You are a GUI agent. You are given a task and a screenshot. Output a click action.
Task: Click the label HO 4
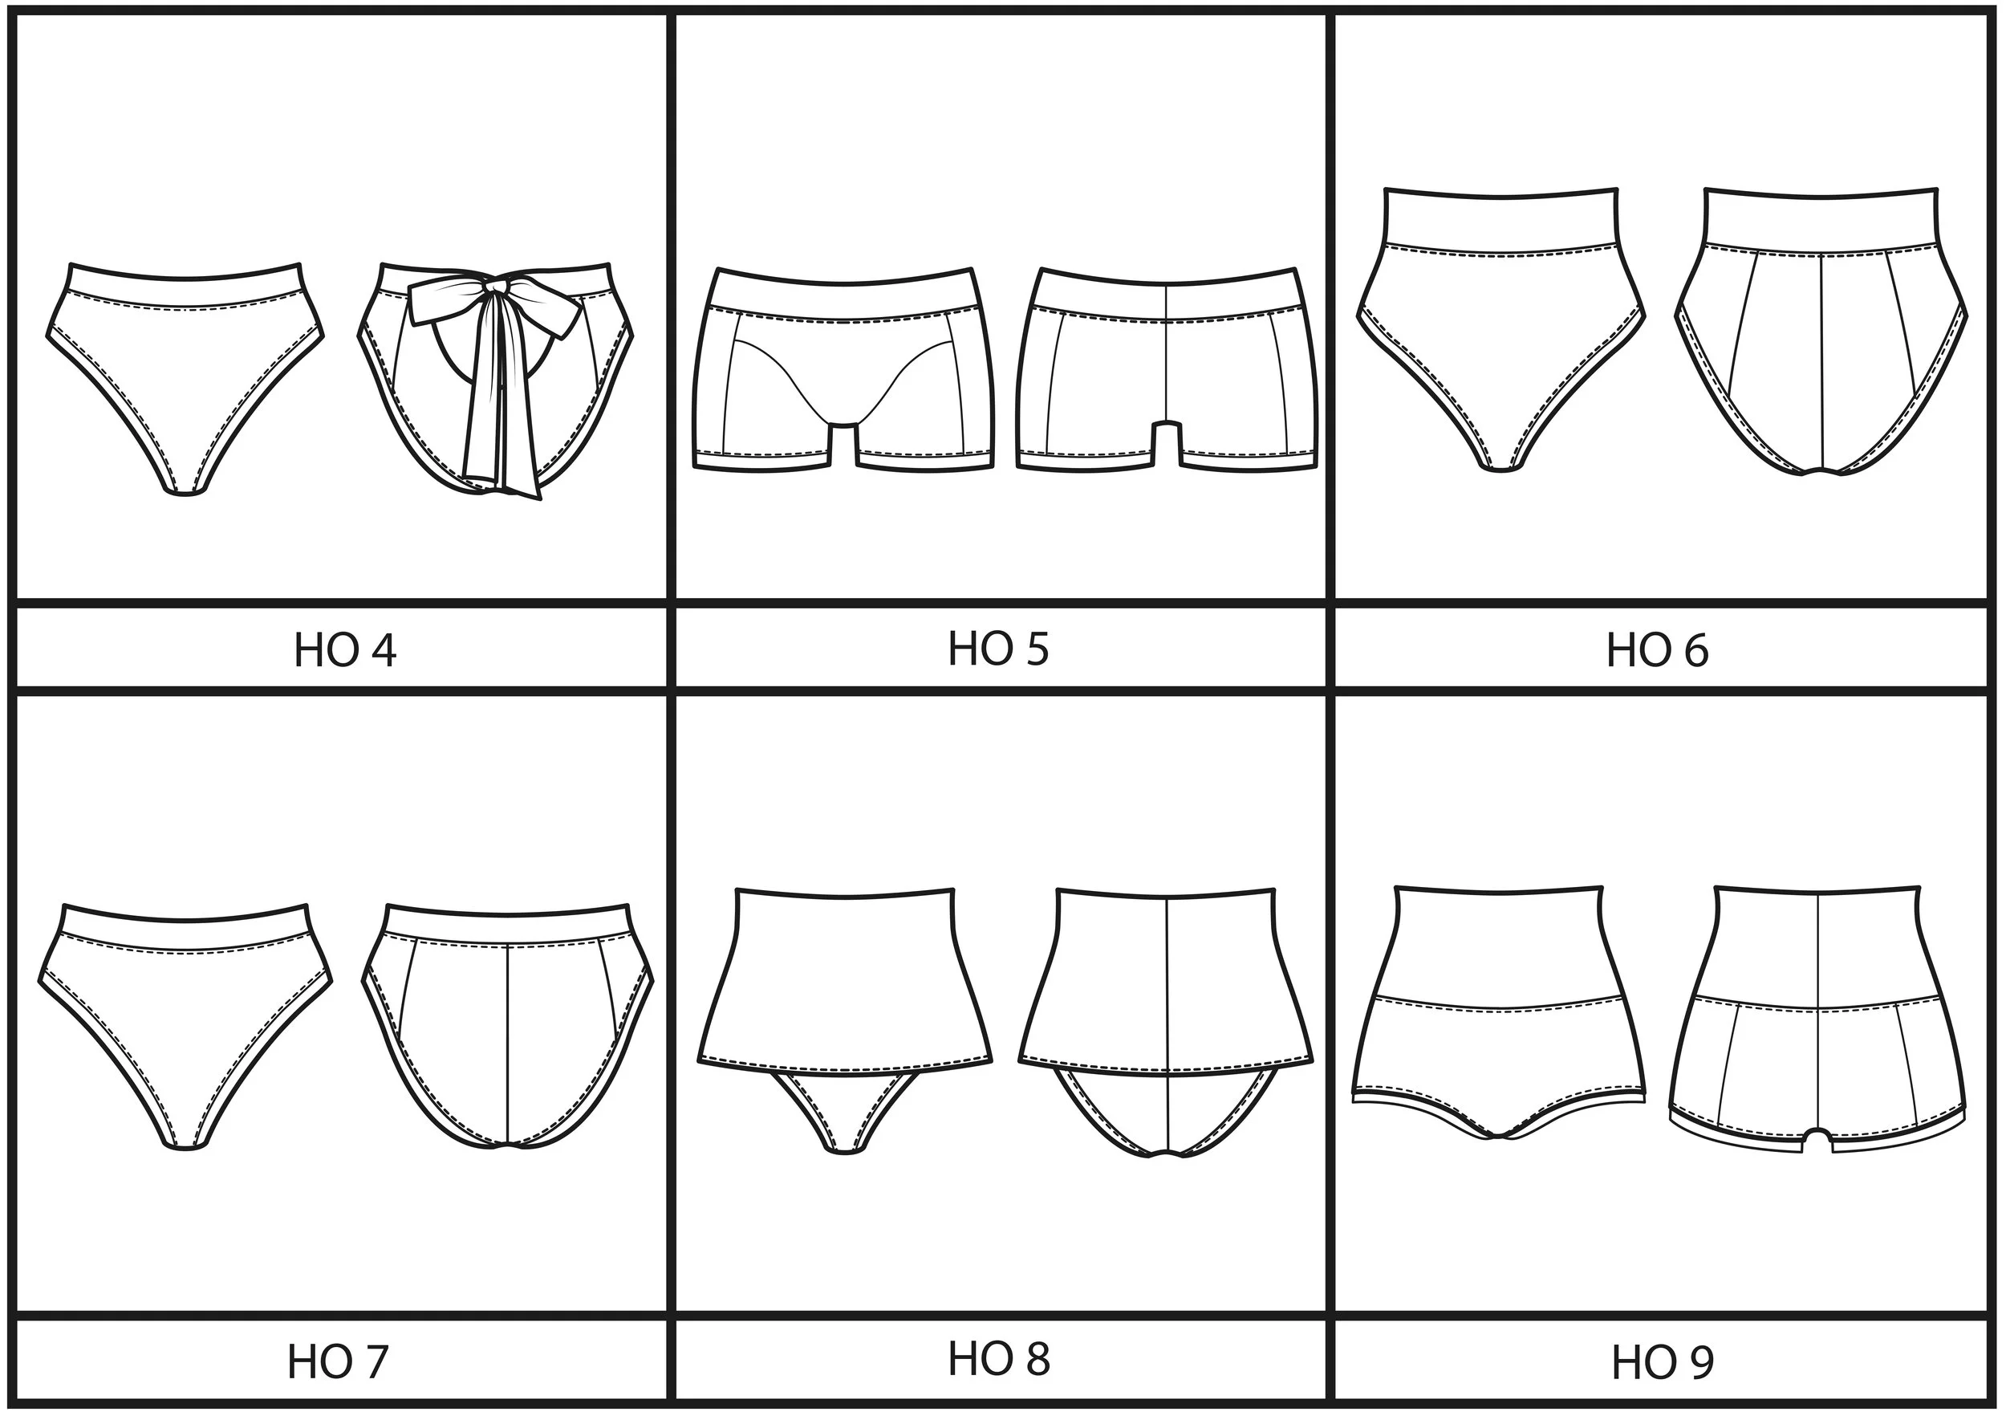coord(344,650)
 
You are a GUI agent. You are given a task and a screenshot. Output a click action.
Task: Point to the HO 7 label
coord(337,1361)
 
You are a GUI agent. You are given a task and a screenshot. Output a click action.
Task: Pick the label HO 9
coord(1662,1361)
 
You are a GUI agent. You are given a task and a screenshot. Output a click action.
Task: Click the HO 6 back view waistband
coord(1821,220)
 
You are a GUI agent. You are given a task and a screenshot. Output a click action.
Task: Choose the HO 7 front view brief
coord(185,1023)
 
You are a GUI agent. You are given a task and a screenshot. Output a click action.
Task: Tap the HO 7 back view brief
coord(509,1031)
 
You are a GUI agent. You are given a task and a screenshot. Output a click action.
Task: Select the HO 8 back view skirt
coord(1167,979)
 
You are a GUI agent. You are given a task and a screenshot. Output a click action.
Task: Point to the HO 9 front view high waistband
coord(1499,944)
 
